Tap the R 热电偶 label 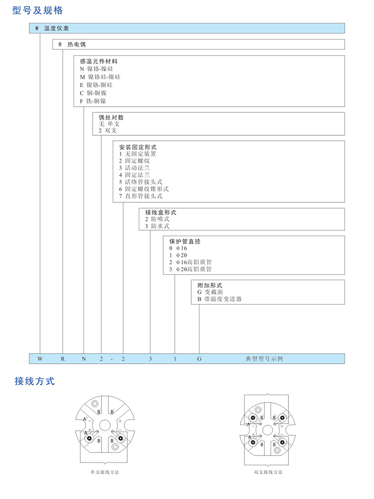[72, 44]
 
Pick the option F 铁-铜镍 [93, 101]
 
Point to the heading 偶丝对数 [111, 117]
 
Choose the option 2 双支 [106, 131]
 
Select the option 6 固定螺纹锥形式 [144, 189]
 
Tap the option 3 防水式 [157, 226]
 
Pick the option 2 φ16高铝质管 [190, 263]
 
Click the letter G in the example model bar [199, 359]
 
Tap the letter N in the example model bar [84, 359]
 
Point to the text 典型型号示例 [264, 359]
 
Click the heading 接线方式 [35, 381]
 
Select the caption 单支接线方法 [105, 472]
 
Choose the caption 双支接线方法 [268, 472]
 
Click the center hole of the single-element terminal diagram [105, 425]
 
